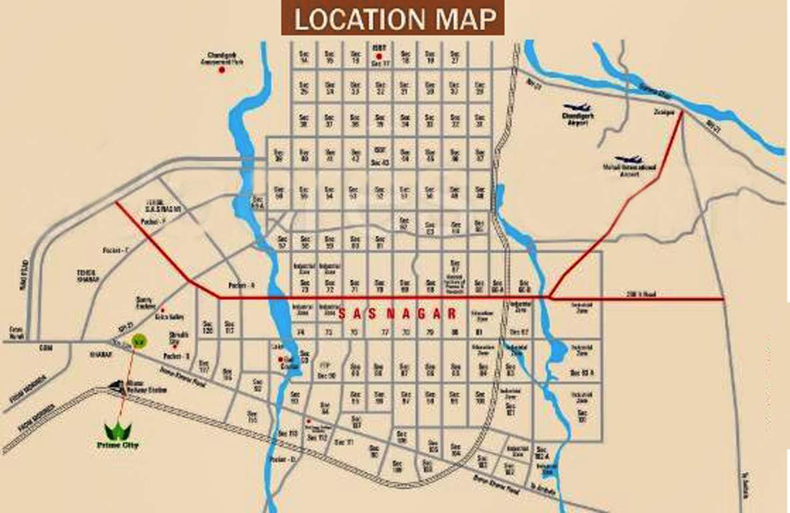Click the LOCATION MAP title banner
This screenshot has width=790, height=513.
pyautogui.click(x=393, y=19)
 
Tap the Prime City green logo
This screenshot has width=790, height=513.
pyautogui.click(x=118, y=430)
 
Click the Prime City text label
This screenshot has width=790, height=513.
pyautogui.click(x=117, y=444)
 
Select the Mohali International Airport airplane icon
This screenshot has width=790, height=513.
pyautogui.click(x=629, y=160)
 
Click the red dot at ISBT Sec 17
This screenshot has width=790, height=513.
pyautogui.click(x=379, y=57)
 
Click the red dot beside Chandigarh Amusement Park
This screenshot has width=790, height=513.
pyautogui.click(x=222, y=69)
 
